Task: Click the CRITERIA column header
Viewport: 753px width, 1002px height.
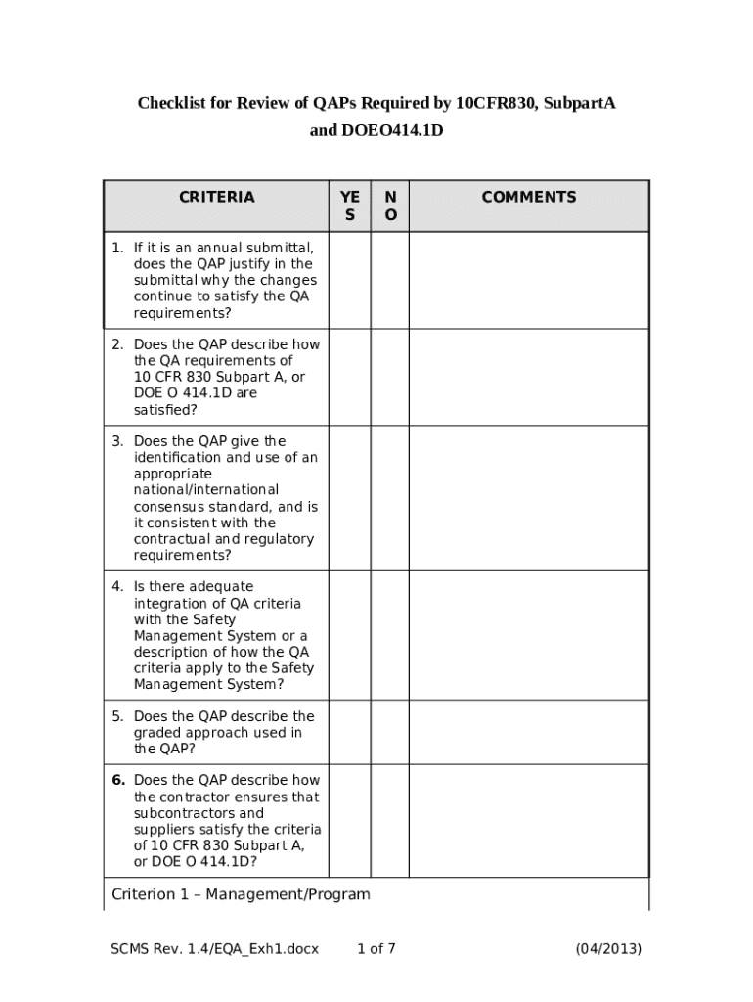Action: click(216, 198)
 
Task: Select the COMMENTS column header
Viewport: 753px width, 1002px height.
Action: click(528, 198)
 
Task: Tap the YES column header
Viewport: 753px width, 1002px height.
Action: click(350, 205)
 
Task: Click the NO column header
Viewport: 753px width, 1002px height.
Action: click(390, 205)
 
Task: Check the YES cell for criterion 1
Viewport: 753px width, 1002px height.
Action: click(350, 280)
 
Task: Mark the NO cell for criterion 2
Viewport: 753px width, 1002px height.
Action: click(390, 377)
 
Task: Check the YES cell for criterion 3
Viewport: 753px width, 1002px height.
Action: click(350, 498)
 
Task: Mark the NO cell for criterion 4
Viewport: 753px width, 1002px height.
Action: click(390, 635)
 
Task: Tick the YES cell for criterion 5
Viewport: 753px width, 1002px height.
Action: click(350, 732)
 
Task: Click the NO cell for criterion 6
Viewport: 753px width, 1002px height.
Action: click(390, 820)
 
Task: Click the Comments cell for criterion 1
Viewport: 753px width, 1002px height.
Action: click(528, 280)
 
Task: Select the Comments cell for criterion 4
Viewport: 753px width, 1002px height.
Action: click(528, 635)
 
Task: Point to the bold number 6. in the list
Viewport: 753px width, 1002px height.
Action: click(118, 781)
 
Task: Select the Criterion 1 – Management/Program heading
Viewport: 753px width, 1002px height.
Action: click(241, 894)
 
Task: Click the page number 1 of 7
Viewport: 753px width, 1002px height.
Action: click(376, 948)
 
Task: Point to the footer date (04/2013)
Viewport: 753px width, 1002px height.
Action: click(608, 948)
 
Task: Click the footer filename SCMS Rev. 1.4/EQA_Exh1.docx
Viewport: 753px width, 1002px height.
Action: click(214, 948)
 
